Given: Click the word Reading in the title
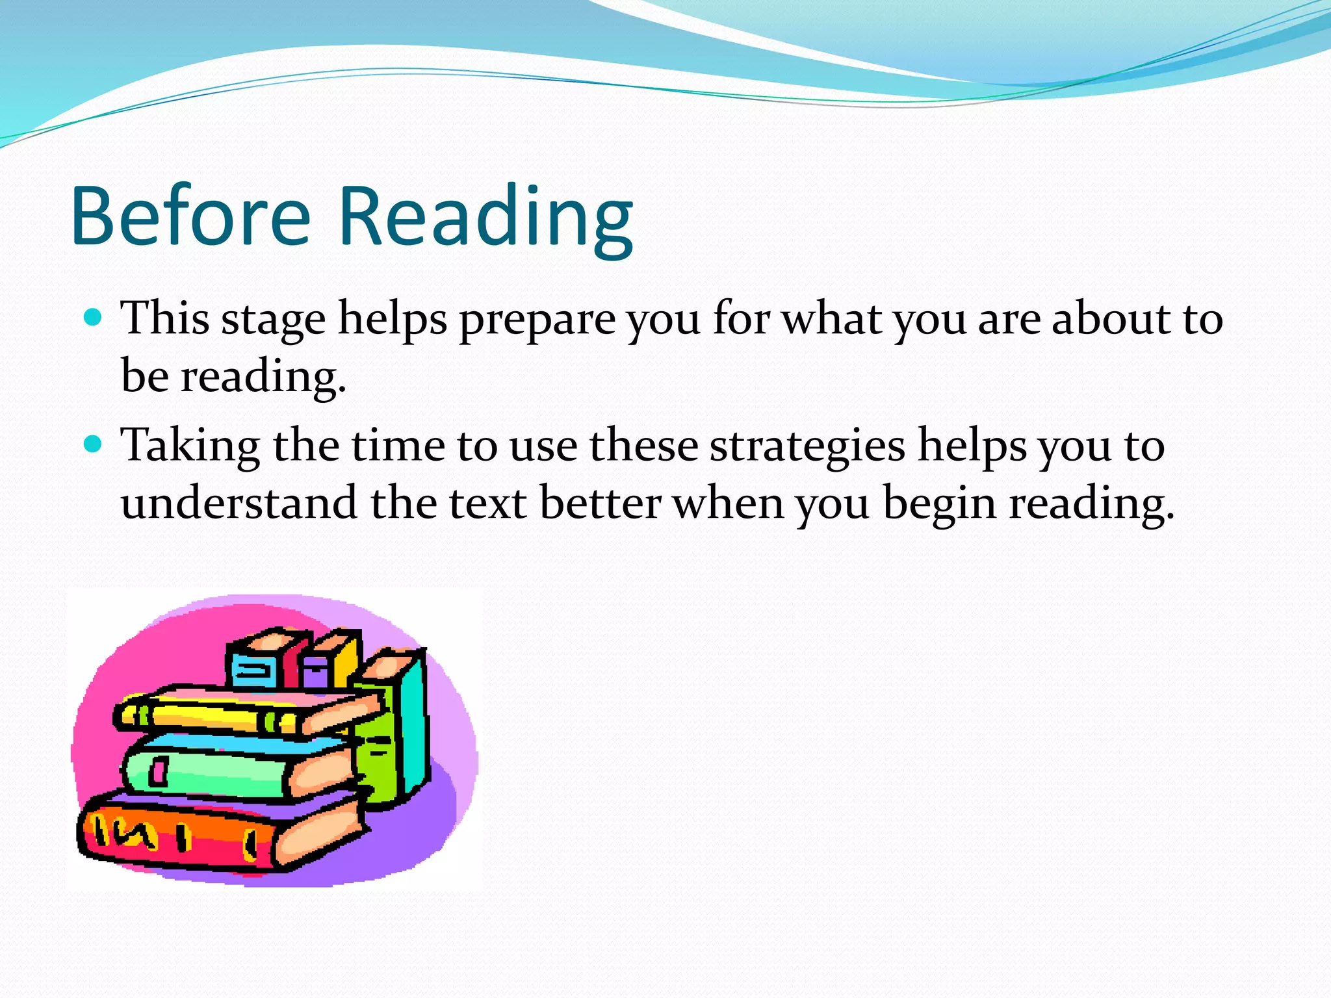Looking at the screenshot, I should point(485,218).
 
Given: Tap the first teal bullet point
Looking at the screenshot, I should point(94,317).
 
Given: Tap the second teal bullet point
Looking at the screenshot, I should point(94,444).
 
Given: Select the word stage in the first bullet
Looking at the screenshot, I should point(273,320).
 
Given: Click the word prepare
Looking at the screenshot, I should point(537,320).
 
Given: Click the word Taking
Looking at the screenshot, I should point(190,447).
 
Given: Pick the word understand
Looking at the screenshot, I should point(239,503).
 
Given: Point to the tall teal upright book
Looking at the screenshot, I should point(413,721).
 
